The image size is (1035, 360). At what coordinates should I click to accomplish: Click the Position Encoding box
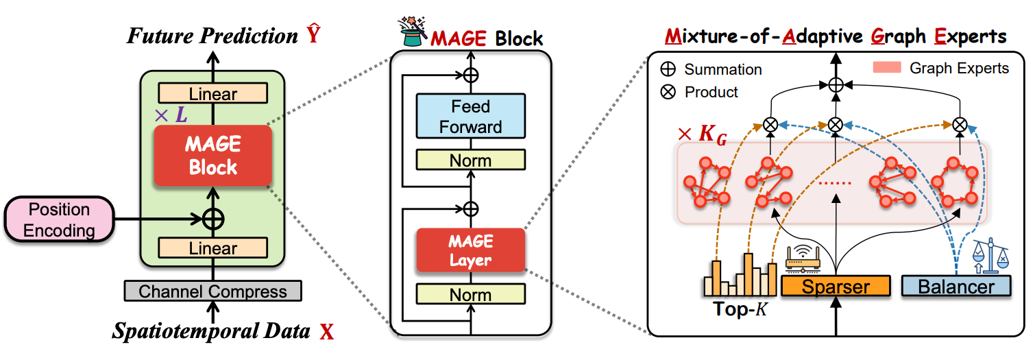coord(58,219)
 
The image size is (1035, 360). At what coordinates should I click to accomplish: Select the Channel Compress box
coord(212,291)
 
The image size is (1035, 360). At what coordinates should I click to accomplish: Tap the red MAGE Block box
coord(213,156)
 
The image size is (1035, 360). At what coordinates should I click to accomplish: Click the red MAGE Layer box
coord(470,251)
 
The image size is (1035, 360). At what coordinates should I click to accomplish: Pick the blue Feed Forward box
coord(470,117)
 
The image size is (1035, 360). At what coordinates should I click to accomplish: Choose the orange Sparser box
coord(836,286)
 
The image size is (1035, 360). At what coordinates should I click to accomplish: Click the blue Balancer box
coord(956,286)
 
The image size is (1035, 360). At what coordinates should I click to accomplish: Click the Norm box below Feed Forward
coord(470,160)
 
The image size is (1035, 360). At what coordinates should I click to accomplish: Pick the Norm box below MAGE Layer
coord(470,295)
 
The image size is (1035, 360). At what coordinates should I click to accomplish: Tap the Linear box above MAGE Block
coord(213,94)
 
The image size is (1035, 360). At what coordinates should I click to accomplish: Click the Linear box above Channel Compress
coord(213,248)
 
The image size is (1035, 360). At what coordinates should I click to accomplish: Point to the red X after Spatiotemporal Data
coord(327,333)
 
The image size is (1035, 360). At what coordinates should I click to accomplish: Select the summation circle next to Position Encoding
coord(213,219)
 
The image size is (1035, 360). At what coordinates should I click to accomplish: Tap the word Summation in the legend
coord(722,69)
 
